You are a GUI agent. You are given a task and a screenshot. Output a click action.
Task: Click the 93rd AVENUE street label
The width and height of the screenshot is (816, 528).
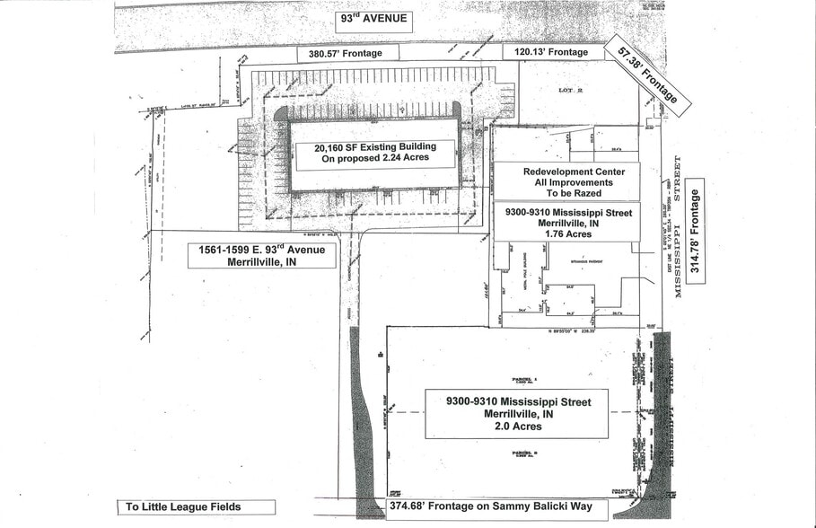coord(372,20)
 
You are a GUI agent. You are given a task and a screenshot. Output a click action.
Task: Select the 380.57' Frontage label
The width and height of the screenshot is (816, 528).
coord(346,53)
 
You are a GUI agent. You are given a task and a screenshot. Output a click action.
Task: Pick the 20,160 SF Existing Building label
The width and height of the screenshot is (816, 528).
coord(374,146)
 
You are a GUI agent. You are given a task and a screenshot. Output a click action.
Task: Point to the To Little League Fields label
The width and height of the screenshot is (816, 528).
coord(183,507)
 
